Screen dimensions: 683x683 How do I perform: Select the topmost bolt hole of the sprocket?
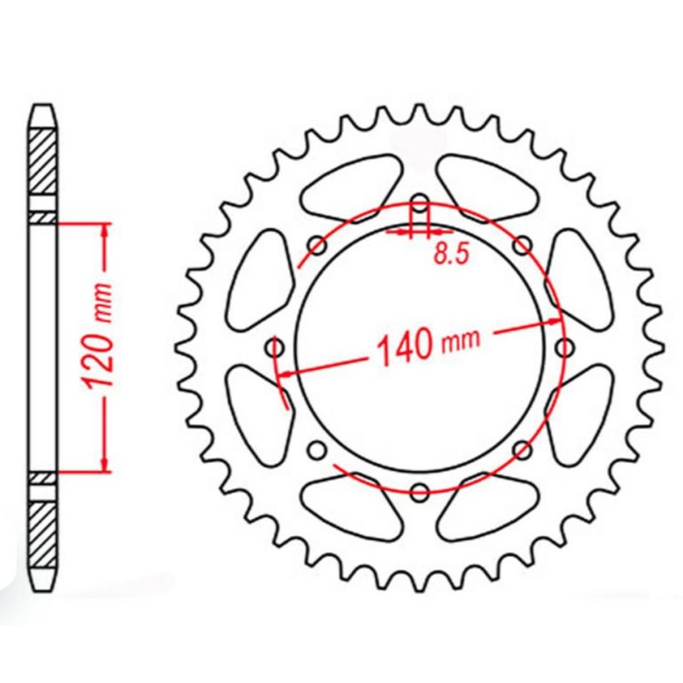tap(419, 203)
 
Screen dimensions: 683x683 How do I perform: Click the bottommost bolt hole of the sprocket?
tap(419, 492)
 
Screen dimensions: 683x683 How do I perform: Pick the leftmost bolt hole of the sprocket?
tap(275, 347)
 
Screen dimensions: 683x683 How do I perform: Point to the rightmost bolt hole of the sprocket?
tap(563, 347)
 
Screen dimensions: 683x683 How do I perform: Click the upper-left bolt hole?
tap(318, 246)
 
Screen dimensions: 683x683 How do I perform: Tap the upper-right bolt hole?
tap(522, 246)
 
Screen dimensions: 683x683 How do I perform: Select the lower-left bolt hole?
tap(317, 450)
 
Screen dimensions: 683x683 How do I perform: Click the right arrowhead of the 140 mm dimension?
tap(557, 322)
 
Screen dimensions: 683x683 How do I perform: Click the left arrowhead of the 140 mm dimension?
tap(287, 373)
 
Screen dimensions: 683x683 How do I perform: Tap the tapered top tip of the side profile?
tap(44, 111)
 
